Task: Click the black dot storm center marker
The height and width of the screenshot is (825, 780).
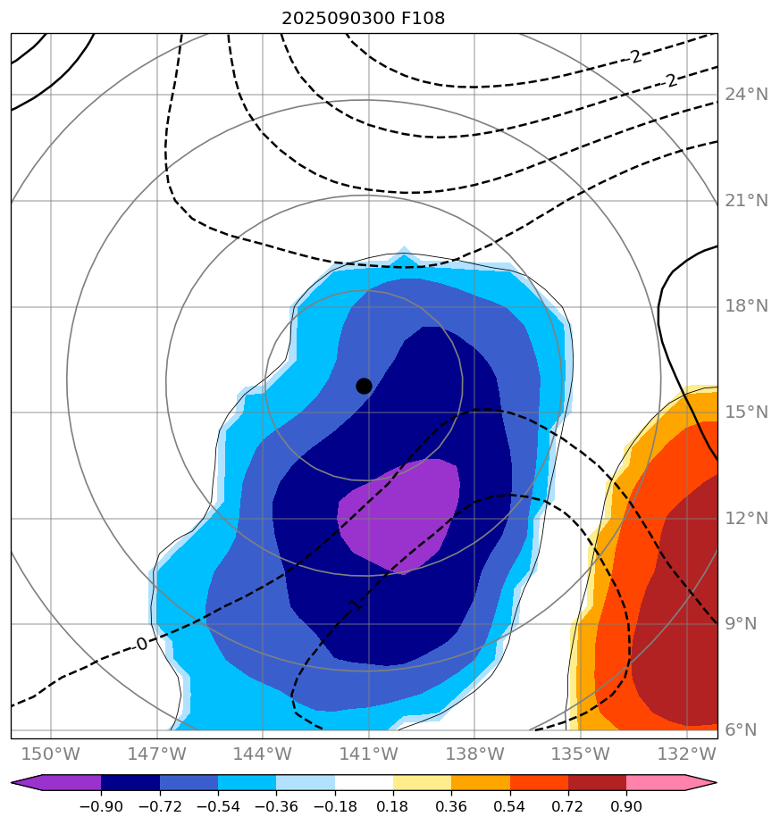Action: click(x=364, y=386)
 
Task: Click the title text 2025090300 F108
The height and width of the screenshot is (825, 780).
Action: click(x=363, y=18)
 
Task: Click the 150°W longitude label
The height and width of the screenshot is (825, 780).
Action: click(x=51, y=754)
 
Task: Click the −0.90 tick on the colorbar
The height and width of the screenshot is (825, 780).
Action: click(x=101, y=806)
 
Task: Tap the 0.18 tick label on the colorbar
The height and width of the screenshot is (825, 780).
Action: click(x=393, y=806)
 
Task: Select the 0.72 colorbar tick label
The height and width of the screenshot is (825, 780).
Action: click(x=568, y=806)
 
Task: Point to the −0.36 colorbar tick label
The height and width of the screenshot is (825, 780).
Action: click(x=276, y=806)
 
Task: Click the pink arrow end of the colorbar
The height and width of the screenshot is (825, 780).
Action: click(x=700, y=783)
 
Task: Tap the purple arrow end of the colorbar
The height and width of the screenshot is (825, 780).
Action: click(x=27, y=783)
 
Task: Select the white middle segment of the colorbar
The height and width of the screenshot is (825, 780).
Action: click(x=364, y=783)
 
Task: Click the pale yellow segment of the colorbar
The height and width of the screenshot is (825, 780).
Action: click(x=422, y=783)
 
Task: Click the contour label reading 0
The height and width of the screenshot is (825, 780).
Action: click(x=142, y=644)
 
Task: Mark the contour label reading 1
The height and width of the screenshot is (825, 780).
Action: click(x=355, y=605)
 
